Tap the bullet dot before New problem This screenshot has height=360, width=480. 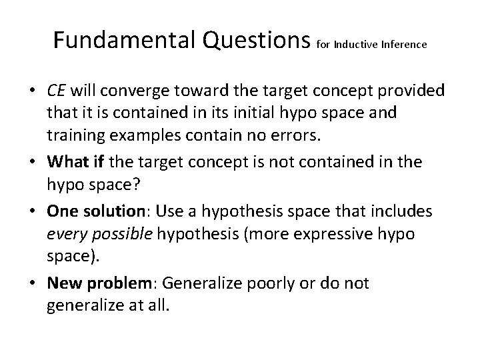[x=33, y=283]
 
